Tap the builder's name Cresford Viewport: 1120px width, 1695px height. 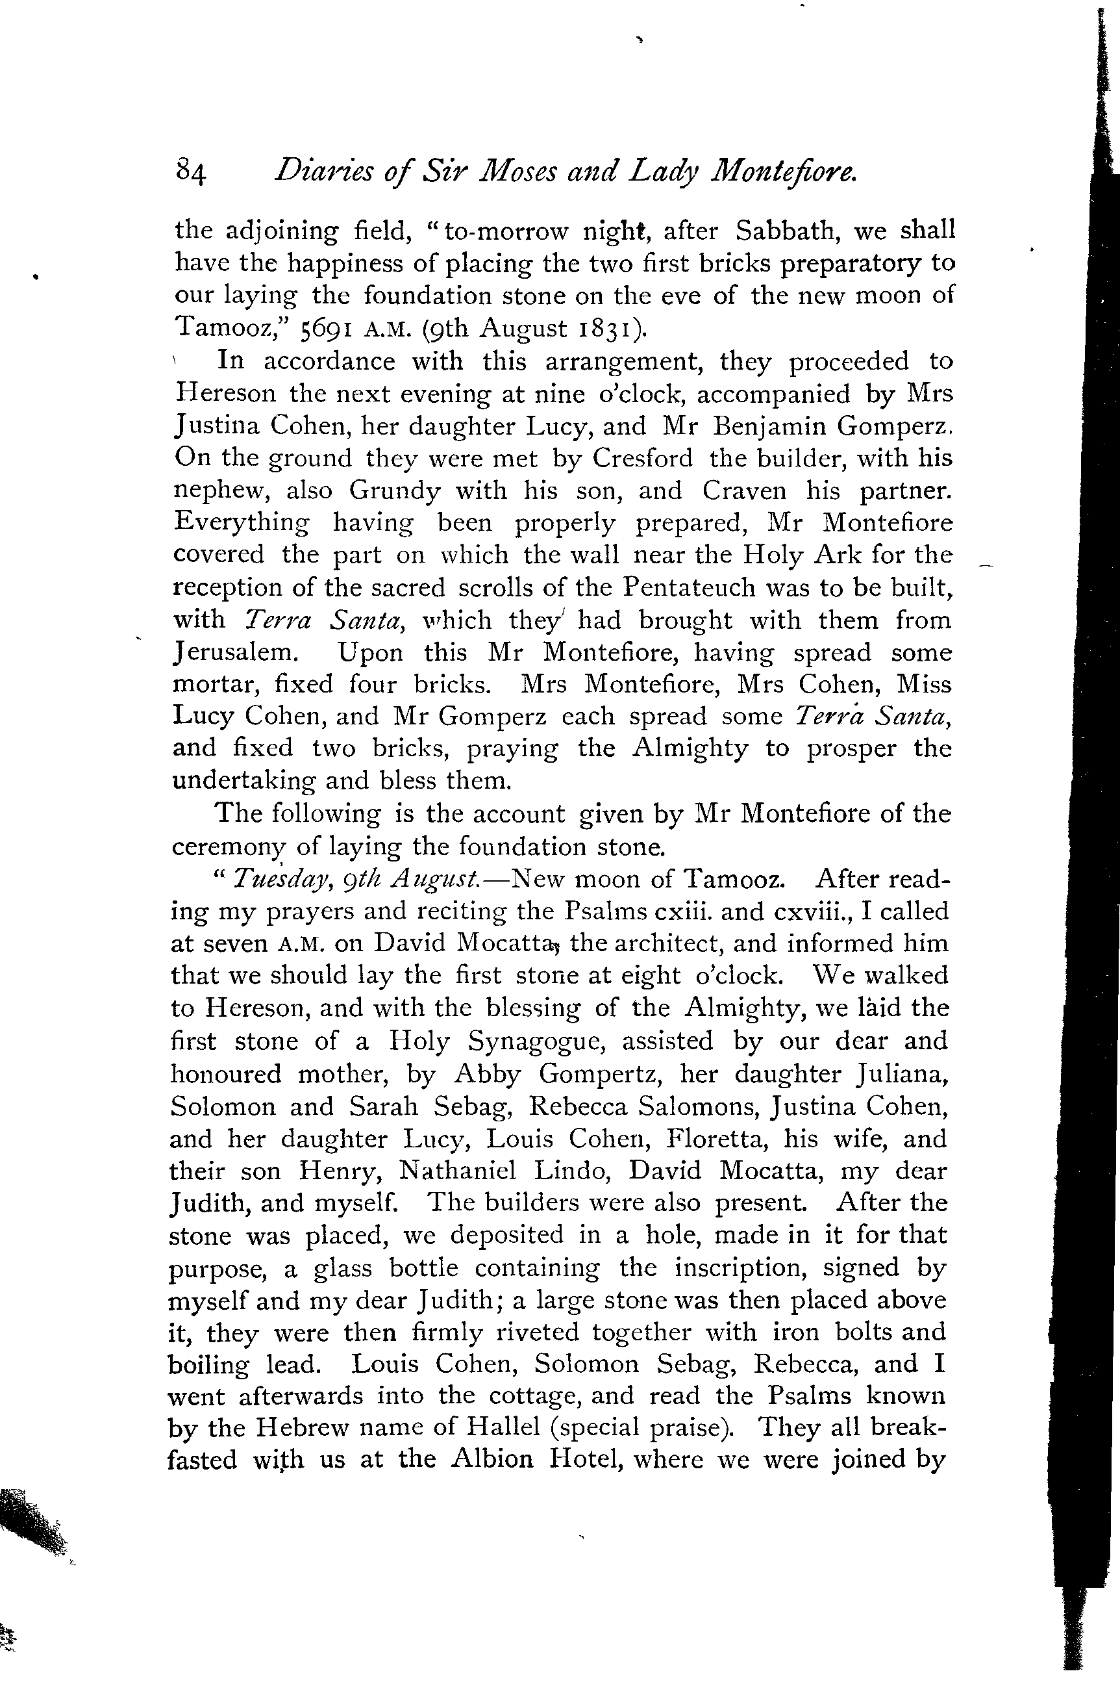(642, 458)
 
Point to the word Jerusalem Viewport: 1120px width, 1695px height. (233, 652)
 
